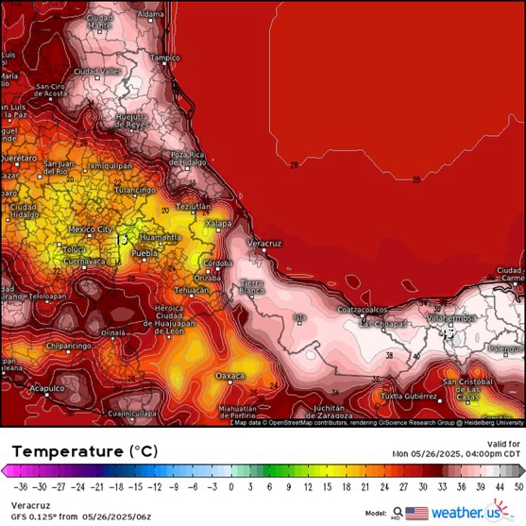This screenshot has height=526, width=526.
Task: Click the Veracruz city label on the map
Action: [264, 243]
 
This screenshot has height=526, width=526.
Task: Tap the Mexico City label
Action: [91, 229]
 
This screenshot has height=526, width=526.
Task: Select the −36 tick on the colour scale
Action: [17, 487]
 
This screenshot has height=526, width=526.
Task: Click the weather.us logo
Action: [477, 513]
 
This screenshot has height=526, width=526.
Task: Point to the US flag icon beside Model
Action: [416, 513]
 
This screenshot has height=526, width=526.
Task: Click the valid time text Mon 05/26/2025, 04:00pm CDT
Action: [457, 453]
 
